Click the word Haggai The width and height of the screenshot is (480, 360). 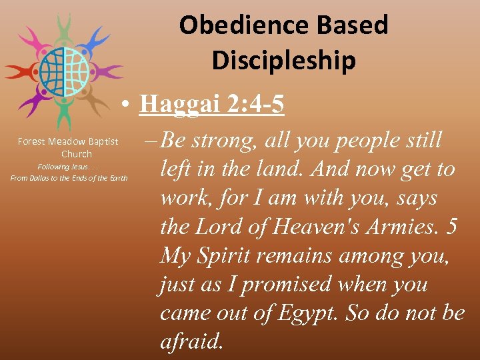tap(174, 104)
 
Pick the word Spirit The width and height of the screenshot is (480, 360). tap(217, 255)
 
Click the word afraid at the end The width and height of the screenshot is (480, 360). tap(191, 341)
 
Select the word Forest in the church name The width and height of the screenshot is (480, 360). tap(31, 141)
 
